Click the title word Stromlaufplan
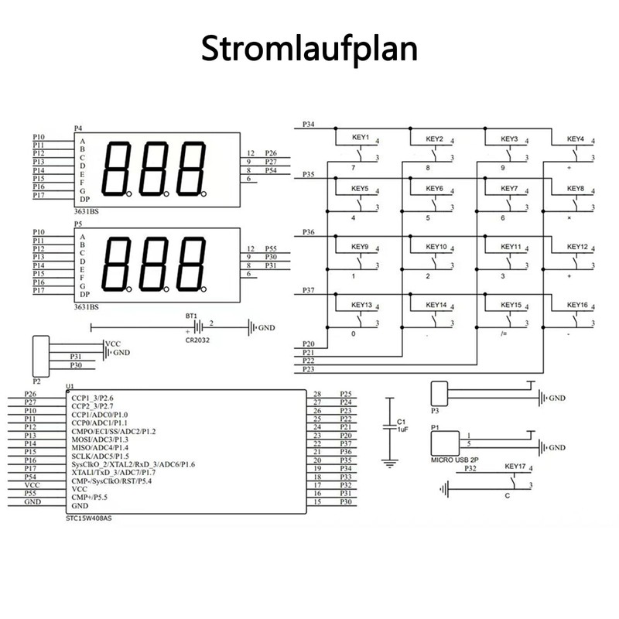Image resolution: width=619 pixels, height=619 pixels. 309,48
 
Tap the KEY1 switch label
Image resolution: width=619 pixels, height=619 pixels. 361,139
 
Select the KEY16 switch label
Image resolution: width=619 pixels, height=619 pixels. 576,305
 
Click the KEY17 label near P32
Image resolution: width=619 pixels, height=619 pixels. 515,467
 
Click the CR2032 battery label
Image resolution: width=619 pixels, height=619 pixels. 197,339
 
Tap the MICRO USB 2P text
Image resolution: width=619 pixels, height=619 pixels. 457,460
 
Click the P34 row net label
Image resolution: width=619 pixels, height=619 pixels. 309,124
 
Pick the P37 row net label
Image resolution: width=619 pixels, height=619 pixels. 309,289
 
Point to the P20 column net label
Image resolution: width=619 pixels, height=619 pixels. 309,344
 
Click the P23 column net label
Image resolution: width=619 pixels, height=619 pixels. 309,370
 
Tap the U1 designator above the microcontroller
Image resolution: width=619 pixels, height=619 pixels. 70,386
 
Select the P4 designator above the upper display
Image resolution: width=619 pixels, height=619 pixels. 78,128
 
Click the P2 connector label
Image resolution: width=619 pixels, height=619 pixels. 36,381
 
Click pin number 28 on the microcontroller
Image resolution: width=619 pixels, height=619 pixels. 317,395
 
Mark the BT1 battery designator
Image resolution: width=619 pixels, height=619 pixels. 190,316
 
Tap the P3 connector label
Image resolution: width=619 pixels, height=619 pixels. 435,411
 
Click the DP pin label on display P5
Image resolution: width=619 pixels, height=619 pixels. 84,295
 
